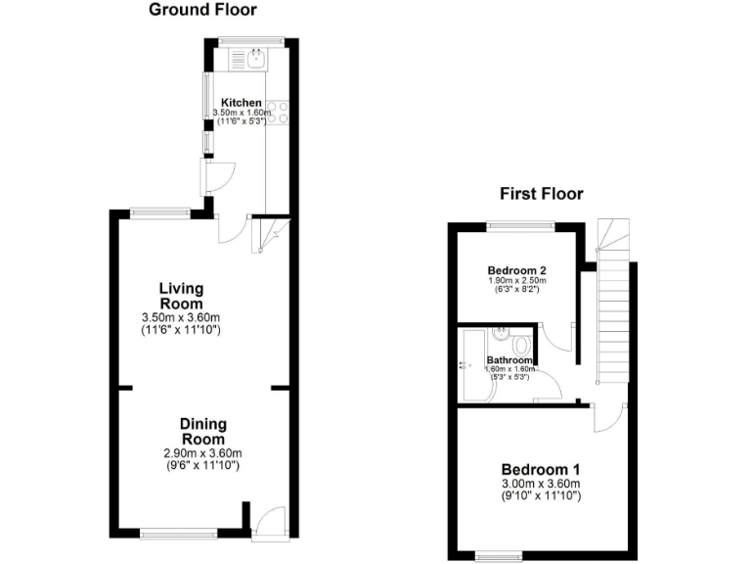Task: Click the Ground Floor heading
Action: [x=202, y=11]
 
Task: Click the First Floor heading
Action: [x=541, y=194]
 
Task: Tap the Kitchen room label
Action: [x=241, y=103]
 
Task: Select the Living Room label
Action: [x=182, y=296]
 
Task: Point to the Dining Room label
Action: [x=202, y=432]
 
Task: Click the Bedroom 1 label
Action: [x=541, y=468]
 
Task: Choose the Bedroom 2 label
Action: [x=516, y=270]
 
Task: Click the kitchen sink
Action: [x=255, y=61]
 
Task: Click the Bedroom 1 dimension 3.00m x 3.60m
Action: [x=541, y=485]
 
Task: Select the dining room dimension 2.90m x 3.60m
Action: [x=202, y=453]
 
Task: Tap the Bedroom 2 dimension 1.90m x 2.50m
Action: [x=516, y=281]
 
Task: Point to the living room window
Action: [x=160, y=211]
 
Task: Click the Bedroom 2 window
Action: [x=521, y=226]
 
